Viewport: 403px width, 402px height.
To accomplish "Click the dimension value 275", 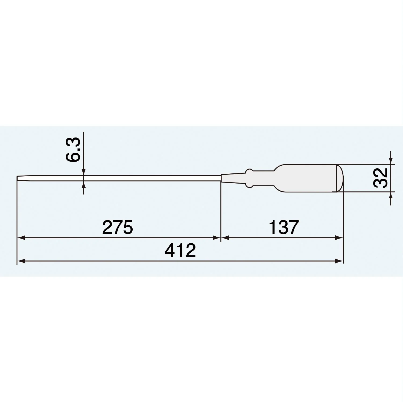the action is (118, 228).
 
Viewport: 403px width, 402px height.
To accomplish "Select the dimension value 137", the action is (284, 228).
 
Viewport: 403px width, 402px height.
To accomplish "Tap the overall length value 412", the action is (180, 251).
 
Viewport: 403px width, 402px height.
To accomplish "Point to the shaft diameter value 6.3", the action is (73, 150).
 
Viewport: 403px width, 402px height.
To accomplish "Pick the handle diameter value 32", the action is (380, 178).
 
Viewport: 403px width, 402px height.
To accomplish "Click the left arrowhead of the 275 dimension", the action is (21, 237).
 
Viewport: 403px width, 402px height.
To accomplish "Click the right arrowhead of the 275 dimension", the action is (216, 237).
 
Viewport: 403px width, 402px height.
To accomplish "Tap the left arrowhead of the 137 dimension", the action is (225, 237).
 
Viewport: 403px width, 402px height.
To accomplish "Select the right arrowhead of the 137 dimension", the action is (339, 237).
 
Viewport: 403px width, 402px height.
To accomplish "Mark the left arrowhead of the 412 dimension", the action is (21, 261).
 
